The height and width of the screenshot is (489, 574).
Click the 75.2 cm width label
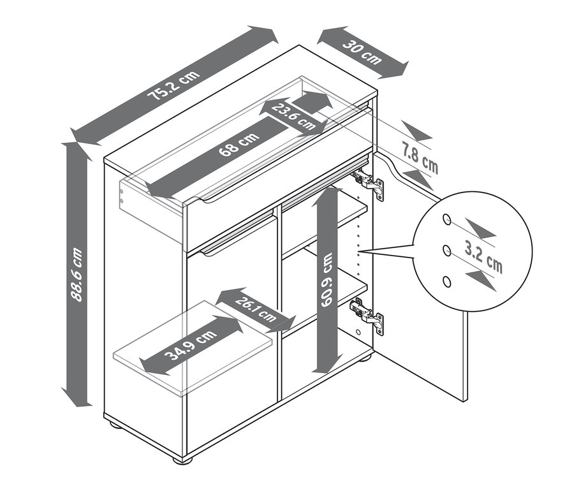173,85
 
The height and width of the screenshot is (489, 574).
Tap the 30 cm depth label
362,52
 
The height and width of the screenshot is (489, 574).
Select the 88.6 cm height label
77,275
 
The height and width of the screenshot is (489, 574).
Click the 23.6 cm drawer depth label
293,117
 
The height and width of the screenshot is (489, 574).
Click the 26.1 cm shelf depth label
256,310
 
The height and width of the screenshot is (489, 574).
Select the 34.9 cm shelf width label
191,345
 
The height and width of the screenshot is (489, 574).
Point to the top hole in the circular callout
447,219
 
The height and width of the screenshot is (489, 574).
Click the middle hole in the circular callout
446,251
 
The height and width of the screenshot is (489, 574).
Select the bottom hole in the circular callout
446,282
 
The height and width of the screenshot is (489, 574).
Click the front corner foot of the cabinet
182,459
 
